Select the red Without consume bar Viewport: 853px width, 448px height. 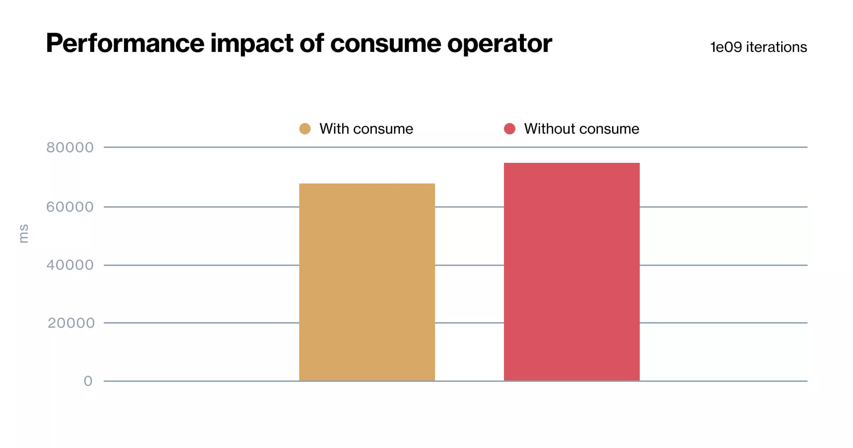[572, 272]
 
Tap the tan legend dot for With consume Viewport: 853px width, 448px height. [305, 129]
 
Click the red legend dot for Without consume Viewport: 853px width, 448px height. [510, 129]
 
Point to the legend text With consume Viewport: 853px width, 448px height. [366, 129]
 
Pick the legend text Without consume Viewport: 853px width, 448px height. [581, 129]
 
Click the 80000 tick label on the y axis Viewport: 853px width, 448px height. [70, 148]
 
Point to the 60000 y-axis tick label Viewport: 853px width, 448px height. [70, 207]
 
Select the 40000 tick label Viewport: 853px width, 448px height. [70, 265]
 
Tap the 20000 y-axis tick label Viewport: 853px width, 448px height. [71, 323]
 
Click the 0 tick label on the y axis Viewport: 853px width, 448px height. [88, 381]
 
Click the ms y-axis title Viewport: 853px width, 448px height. [23, 234]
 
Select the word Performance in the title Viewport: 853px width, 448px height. [125, 43]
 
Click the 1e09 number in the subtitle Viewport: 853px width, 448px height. [726, 47]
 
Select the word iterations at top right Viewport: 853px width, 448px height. [776, 47]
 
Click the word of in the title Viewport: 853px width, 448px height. [312, 43]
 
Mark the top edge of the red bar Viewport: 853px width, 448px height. [572, 163]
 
